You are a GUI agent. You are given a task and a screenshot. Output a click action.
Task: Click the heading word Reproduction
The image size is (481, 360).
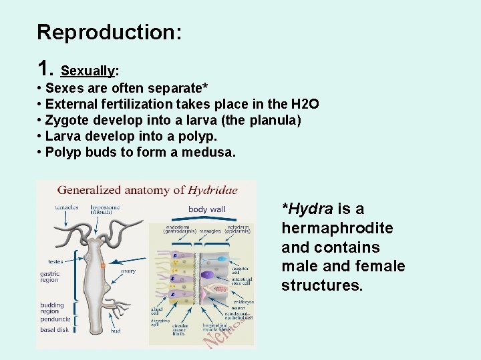click(x=109, y=32)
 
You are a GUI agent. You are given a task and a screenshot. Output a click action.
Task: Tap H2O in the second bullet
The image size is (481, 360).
click(x=305, y=104)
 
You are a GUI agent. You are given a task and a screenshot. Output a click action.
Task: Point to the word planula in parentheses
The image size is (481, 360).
click(x=273, y=120)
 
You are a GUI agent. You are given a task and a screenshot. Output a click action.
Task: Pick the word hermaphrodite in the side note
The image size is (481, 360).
click(x=337, y=228)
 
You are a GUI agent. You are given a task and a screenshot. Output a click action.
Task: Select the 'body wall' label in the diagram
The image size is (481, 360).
click(x=206, y=209)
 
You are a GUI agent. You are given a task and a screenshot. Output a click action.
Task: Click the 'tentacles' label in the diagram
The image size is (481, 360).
click(x=67, y=207)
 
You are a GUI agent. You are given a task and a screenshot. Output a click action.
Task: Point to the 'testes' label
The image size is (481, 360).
click(x=55, y=261)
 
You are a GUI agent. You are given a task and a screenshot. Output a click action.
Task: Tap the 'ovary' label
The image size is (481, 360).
click(x=128, y=271)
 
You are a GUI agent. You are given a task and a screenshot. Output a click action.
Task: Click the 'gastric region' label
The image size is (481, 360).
click(x=50, y=277)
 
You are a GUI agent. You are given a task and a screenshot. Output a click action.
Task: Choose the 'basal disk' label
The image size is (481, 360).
click(x=54, y=329)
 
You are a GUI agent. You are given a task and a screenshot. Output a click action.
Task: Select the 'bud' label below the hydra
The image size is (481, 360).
click(x=115, y=330)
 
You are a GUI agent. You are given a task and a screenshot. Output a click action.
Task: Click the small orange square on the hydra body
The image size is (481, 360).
click(x=103, y=265)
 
